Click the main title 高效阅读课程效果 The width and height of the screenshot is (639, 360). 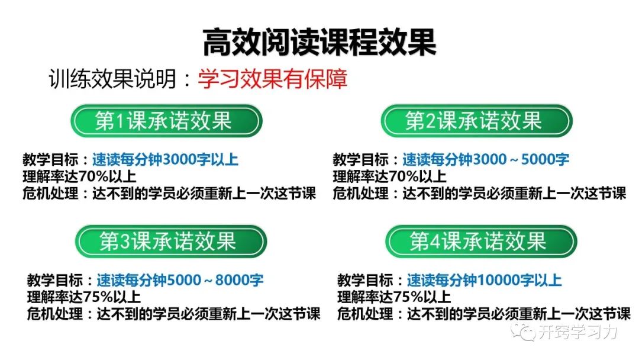pos(319,42)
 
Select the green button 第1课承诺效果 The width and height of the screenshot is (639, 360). pos(165,121)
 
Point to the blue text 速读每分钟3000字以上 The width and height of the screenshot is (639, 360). pos(165,160)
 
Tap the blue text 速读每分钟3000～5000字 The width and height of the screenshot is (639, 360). pos(486,160)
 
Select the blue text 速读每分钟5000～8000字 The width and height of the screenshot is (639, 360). pos(180,280)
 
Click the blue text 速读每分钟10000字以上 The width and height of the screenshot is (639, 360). pos(484,280)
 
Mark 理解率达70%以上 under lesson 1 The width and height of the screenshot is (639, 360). pos(79,176)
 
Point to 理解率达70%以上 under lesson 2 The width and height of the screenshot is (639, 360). pos(389,176)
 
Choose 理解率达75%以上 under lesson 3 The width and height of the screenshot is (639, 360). pos(84,297)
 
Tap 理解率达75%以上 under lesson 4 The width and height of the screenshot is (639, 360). pos(394,297)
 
